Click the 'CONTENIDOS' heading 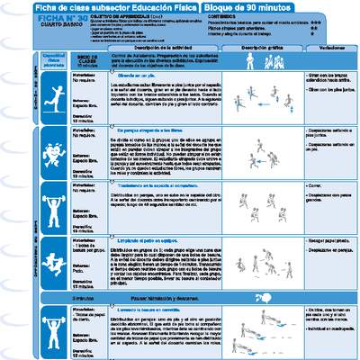tap(229, 17)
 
